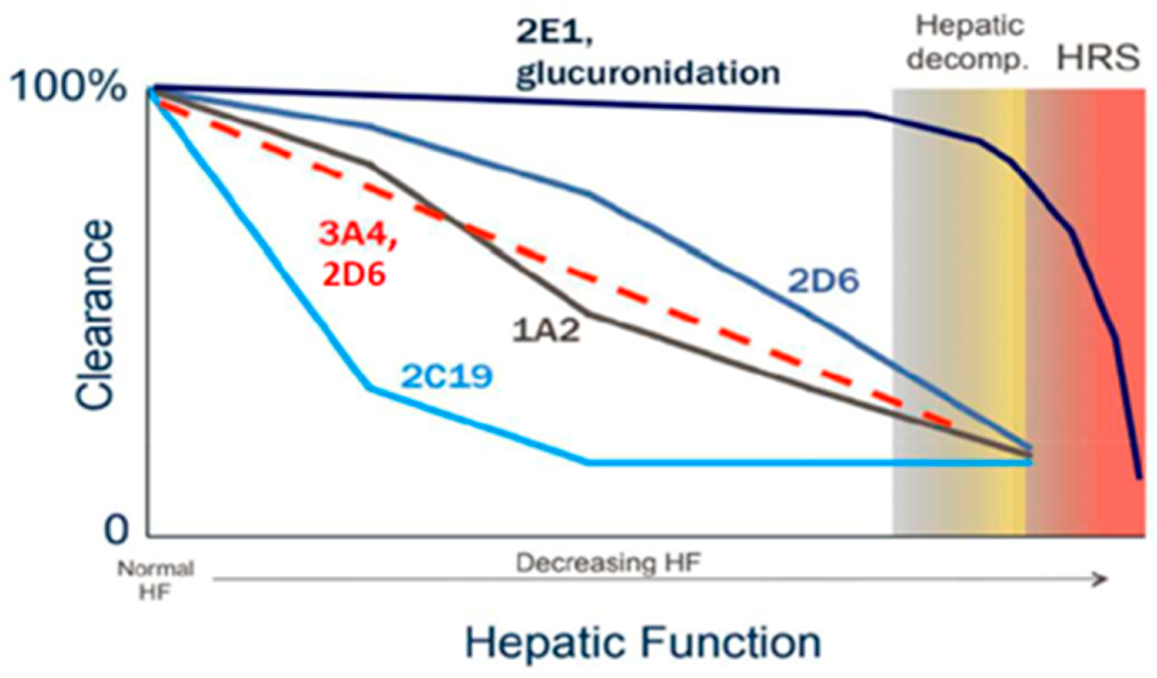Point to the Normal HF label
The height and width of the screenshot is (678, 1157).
pyautogui.click(x=156, y=581)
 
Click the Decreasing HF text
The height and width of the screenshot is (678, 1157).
pyautogui.click(x=608, y=563)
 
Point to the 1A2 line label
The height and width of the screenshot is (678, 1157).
pyautogui.click(x=546, y=331)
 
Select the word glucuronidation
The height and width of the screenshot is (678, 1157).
pyautogui.click(x=648, y=73)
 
